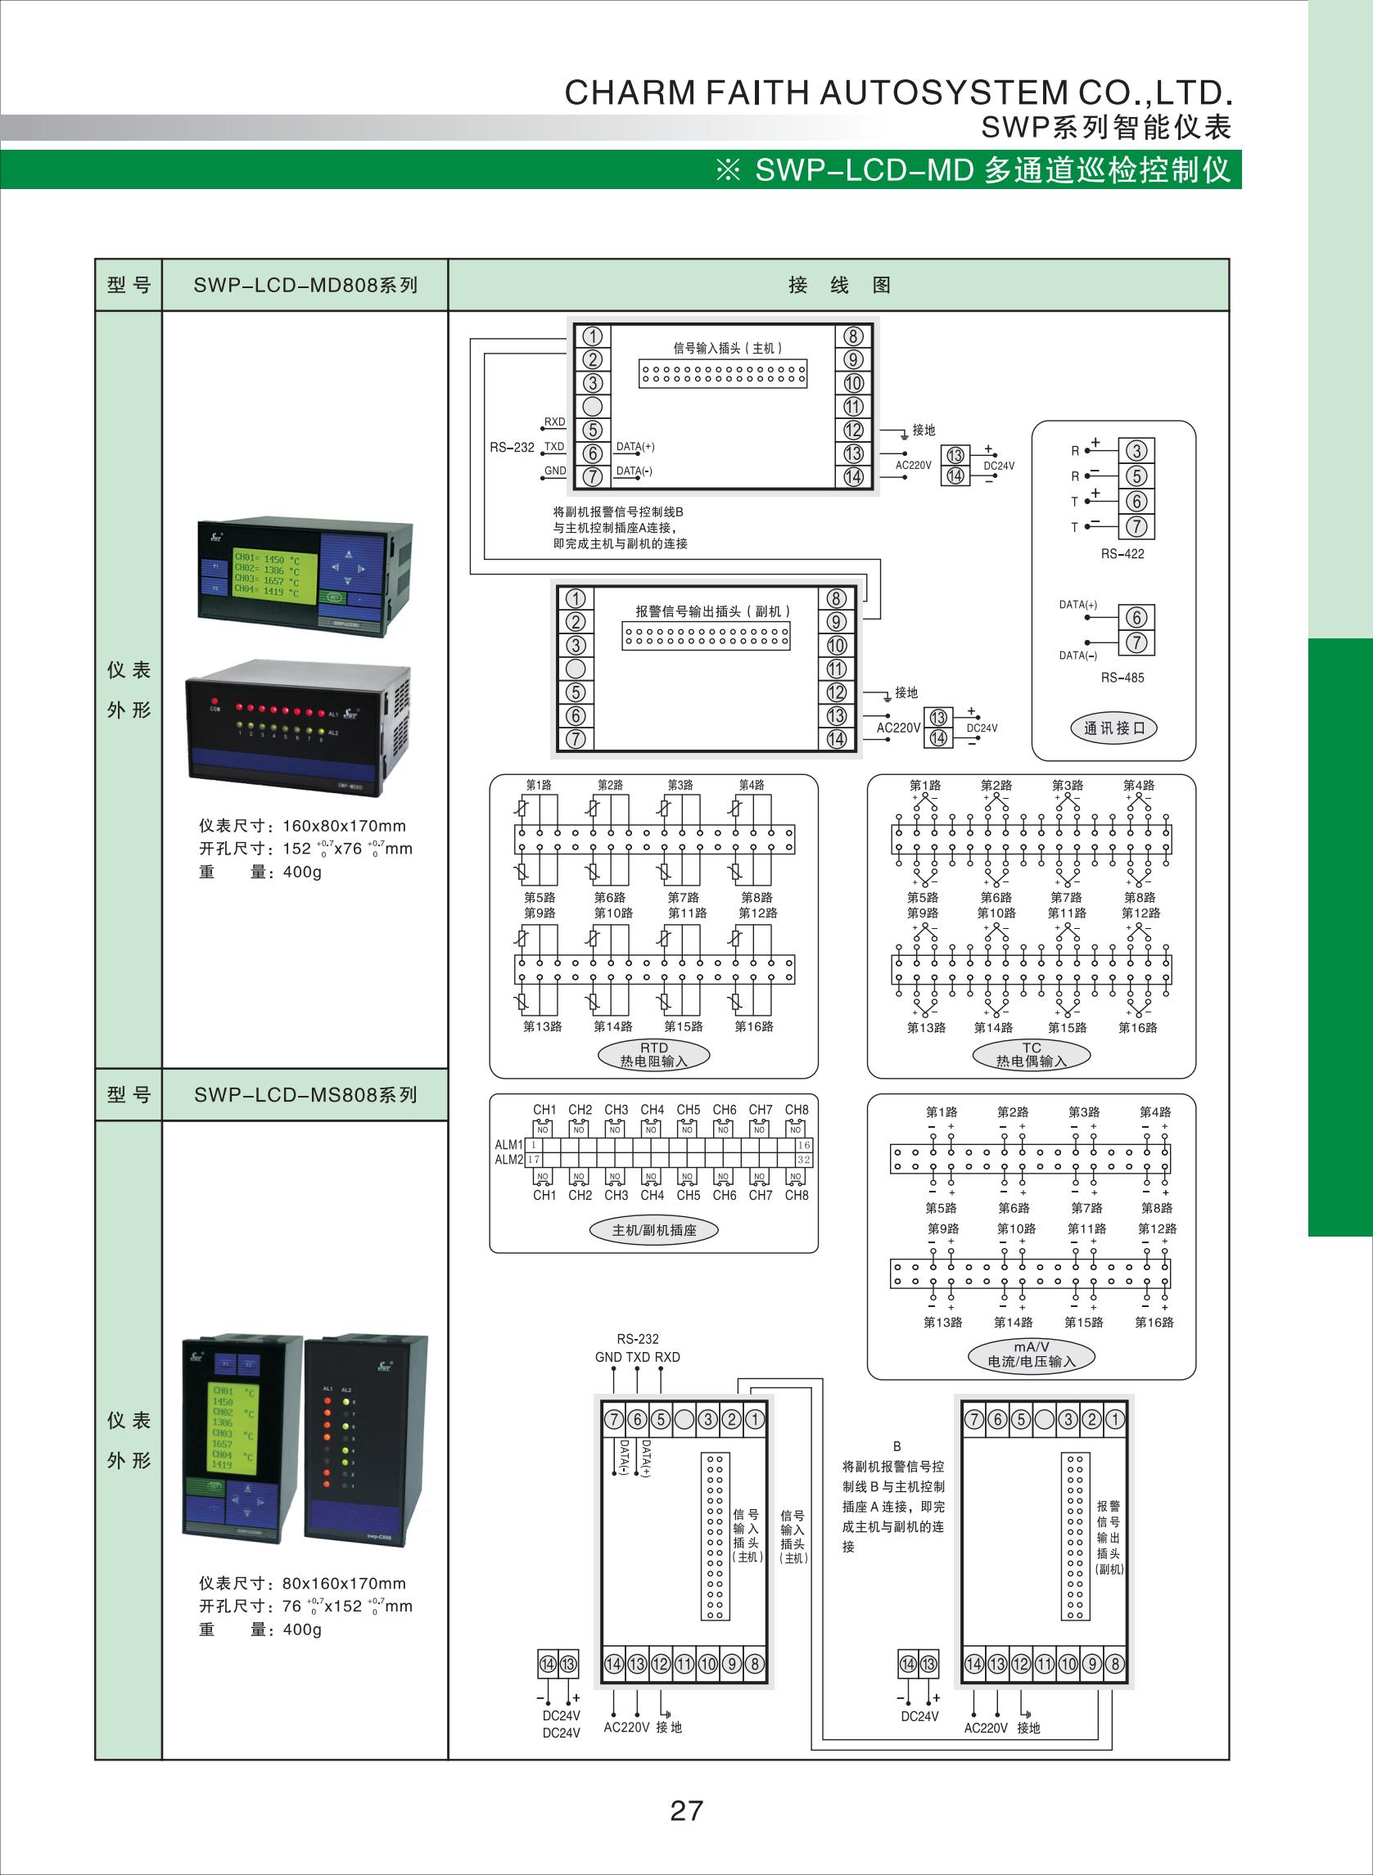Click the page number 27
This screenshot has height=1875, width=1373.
(x=685, y=1810)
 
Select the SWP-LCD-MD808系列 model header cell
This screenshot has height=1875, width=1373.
(x=305, y=285)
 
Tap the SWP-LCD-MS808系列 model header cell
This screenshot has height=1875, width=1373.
(x=305, y=1095)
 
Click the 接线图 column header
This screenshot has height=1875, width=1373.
(x=838, y=285)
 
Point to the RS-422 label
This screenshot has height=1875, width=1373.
(x=1122, y=554)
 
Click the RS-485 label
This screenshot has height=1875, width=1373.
(x=1122, y=678)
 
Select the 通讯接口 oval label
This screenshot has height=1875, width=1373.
(x=1113, y=728)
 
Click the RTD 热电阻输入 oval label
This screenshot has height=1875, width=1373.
(x=654, y=1055)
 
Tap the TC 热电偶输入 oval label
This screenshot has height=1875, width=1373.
(x=1032, y=1055)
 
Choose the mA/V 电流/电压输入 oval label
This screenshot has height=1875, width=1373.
(x=1032, y=1355)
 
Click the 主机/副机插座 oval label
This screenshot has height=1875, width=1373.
(x=654, y=1230)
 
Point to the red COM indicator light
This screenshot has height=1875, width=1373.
(x=215, y=701)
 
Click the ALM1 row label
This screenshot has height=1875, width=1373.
(x=508, y=1145)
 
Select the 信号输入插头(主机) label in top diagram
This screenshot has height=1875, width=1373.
(x=727, y=348)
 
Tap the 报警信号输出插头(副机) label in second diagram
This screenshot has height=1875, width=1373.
(x=712, y=611)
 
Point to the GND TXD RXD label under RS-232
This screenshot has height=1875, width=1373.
(x=638, y=1357)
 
